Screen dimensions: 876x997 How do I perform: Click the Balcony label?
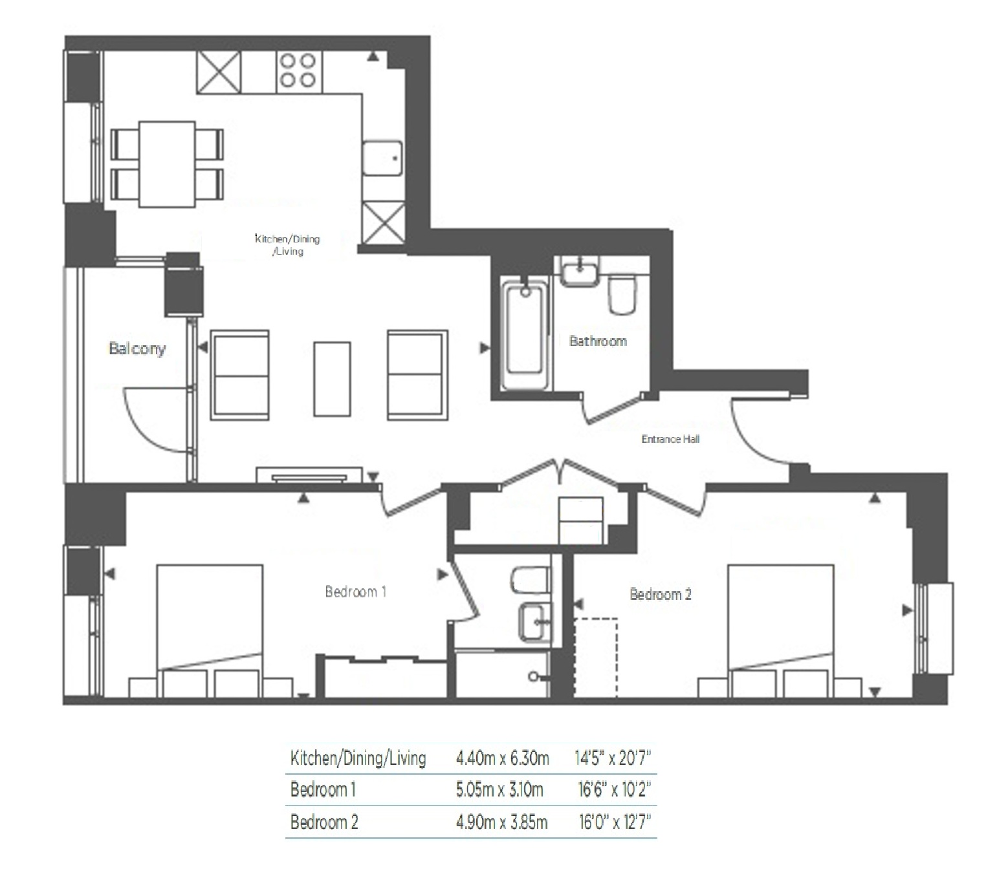[137, 349]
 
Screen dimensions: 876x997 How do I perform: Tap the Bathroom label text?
[598, 341]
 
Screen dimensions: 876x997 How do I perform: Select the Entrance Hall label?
[670, 439]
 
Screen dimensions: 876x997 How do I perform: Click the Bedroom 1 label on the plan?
[355, 592]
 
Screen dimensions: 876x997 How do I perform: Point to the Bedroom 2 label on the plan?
[661, 594]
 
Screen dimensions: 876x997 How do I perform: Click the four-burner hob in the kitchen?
[297, 70]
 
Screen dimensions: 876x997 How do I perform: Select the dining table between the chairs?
[167, 164]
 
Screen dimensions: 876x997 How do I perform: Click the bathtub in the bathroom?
[523, 334]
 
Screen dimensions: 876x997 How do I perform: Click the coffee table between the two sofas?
[332, 379]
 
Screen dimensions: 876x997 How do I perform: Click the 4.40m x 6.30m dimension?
[502, 758]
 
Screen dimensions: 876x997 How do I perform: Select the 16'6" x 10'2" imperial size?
[614, 789]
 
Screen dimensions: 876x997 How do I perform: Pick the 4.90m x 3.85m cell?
[501, 822]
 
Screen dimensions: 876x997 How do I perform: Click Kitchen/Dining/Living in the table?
[358, 758]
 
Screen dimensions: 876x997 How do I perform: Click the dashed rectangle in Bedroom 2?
[596, 657]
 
